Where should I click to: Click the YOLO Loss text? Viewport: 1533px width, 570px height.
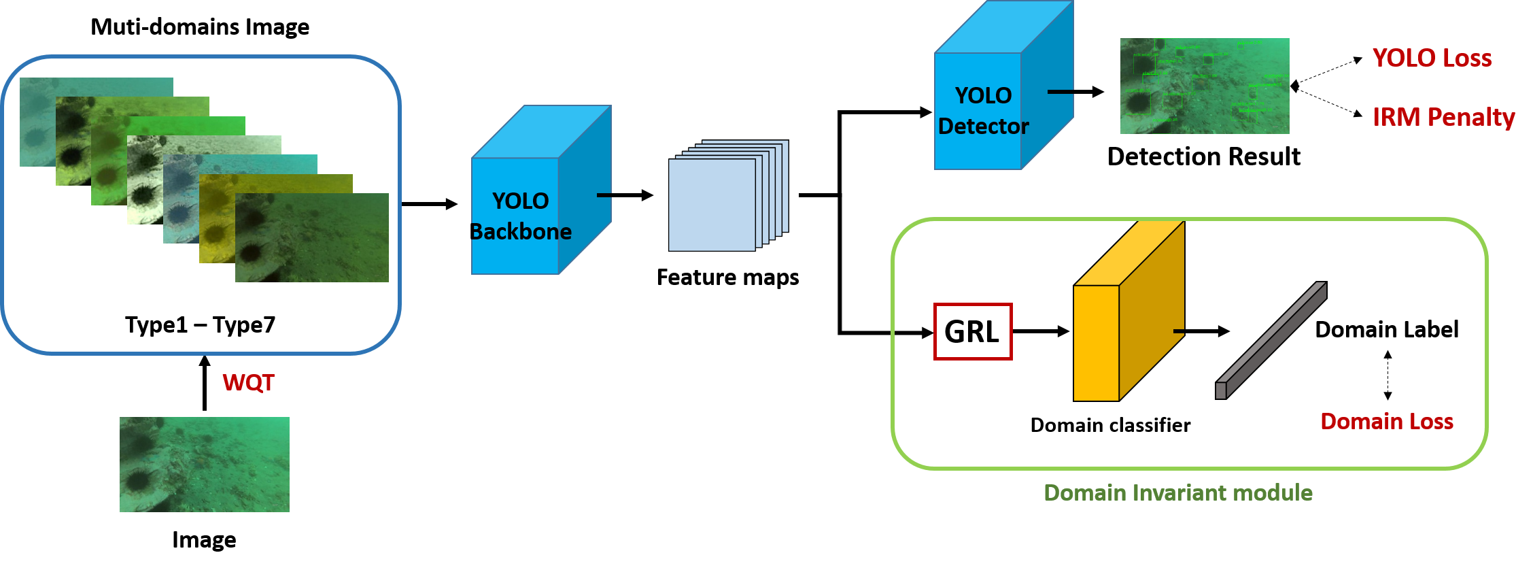(x=1432, y=58)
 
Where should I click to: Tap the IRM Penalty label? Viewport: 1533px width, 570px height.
(x=1443, y=118)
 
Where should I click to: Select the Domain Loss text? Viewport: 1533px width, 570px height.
(x=1386, y=422)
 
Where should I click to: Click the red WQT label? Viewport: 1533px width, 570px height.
(x=248, y=382)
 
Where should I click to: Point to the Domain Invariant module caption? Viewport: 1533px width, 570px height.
(x=1177, y=493)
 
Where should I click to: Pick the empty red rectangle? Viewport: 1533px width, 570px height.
(x=973, y=331)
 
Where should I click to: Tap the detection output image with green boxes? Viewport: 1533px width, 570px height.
(x=1204, y=86)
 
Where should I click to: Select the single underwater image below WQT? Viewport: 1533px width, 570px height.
(x=204, y=465)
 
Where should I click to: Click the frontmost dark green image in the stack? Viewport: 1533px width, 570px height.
(x=312, y=238)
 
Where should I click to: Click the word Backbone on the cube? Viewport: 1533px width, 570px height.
(x=521, y=232)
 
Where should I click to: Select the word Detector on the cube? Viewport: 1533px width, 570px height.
(x=983, y=127)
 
